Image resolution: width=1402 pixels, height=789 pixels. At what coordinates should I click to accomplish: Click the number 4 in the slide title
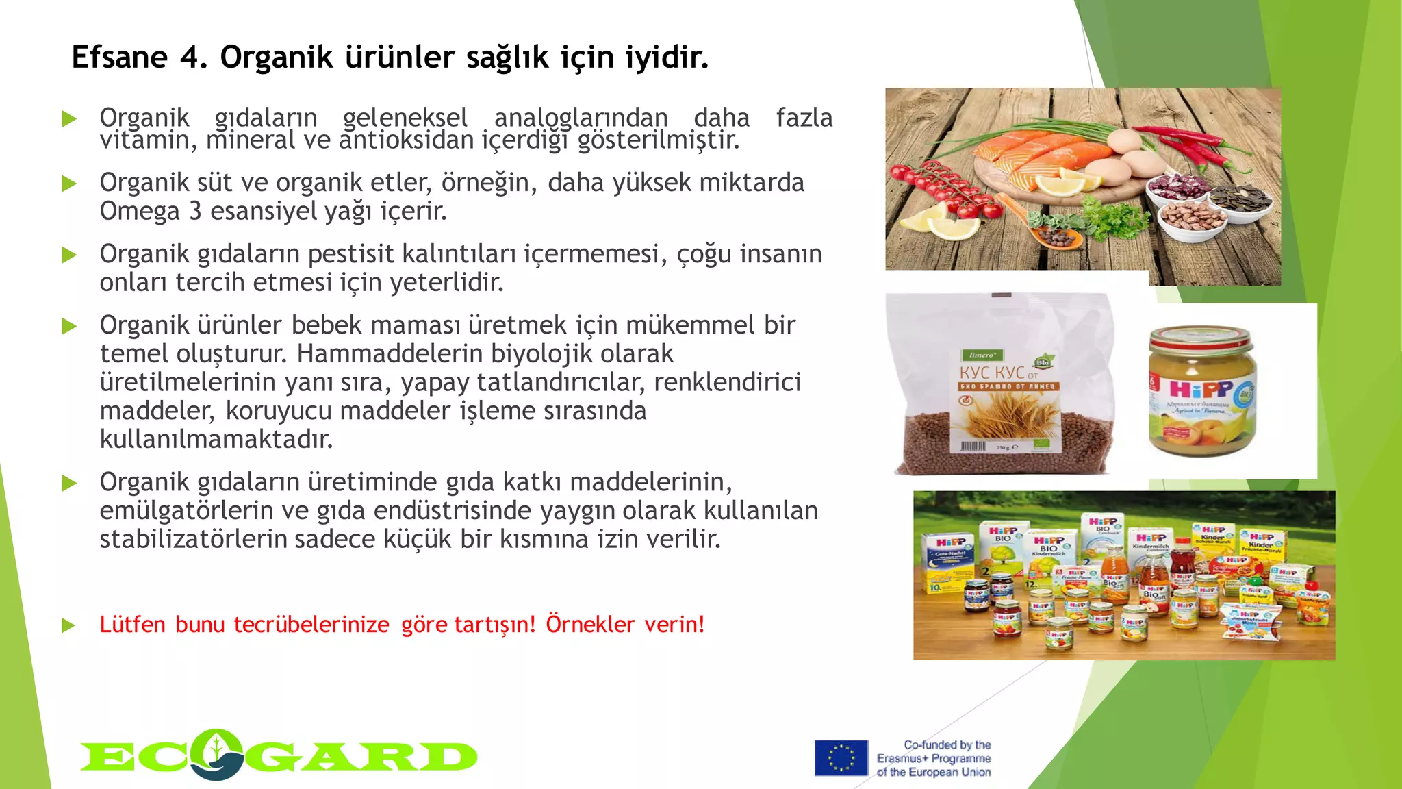click(x=192, y=58)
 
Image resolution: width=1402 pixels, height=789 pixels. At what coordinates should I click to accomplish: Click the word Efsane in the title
click(x=119, y=58)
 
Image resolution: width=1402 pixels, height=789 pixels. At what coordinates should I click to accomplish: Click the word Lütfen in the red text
click(x=133, y=625)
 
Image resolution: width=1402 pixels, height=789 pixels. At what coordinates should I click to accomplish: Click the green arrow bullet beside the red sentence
click(x=68, y=625)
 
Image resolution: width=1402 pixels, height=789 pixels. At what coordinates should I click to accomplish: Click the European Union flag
click(x=841, y=757)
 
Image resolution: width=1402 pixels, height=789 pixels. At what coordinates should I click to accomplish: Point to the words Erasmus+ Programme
click(x=934, y=759)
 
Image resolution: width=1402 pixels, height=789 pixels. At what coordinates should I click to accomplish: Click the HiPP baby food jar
click(x=1202, y=390)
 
